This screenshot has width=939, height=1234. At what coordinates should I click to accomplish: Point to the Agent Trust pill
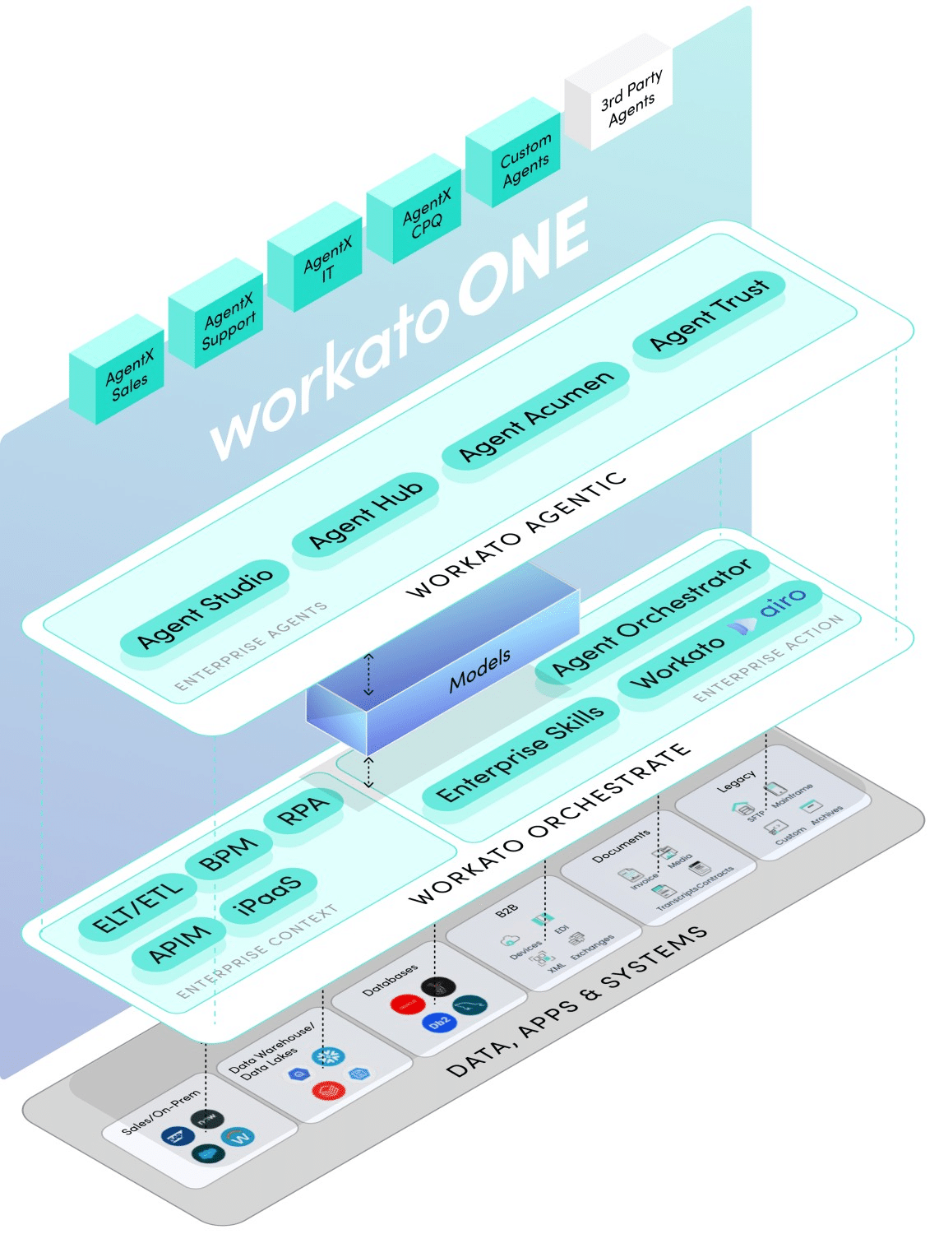[709, 314]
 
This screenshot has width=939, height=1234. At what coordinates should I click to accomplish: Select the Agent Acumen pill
[536, 415]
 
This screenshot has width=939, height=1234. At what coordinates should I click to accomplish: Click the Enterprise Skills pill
[520, 754]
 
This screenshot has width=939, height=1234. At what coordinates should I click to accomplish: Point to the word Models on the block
[480, 669]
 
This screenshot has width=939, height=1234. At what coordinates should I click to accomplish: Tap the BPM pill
[228, 853]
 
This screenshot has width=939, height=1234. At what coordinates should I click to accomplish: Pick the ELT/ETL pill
[137, 908]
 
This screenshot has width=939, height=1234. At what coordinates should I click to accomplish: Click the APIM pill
[178, 944]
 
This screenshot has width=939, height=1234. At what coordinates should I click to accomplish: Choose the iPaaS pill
[268, 896]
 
